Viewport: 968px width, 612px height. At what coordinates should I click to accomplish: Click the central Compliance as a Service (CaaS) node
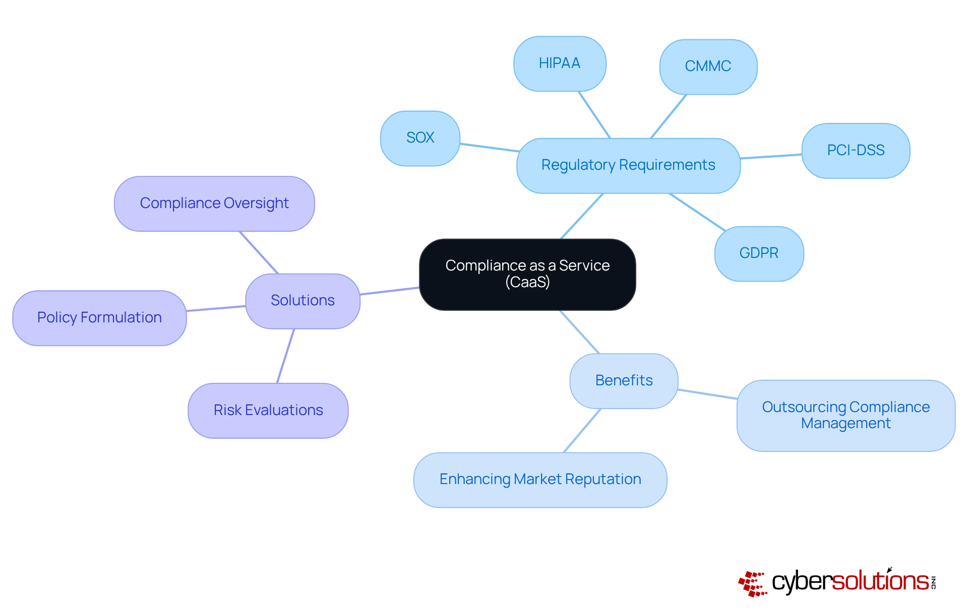pyautogui.click(x=527, y=274)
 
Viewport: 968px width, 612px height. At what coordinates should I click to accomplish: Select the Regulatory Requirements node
pyautogui.click(x=628, y=165)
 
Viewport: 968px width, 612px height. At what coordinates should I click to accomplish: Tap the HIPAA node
pyautogui.click(x=560, y=63)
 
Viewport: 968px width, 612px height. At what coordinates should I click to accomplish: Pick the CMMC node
pyautogui.click(x=708, y=66)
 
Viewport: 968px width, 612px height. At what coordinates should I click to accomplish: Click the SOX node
pyautogui.click(x=420, y=138)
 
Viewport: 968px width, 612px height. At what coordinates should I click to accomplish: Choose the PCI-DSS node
pyautogui.click(x=856, y=151)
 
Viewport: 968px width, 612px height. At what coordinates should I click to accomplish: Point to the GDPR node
pyautogui.click(x=759, y=253)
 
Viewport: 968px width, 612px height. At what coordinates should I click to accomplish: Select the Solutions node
pyautogui.click(x=302, y=301)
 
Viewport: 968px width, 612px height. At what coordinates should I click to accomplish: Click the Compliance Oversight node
pyautogui.click(x=214, y=203)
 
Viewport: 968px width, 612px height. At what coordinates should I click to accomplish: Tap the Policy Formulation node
pyautogui.click(x=99, y=318)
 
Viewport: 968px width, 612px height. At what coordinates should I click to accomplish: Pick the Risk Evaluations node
pyautogui.click(x=268, y=411)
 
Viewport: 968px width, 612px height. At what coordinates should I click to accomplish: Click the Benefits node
pyautogui.click(x=624, y=381)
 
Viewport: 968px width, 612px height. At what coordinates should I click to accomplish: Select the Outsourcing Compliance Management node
pyautogui.click(x=845, y=415)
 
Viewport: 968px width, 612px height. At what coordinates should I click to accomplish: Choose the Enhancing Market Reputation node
pyautogui.click(x=540, y=480)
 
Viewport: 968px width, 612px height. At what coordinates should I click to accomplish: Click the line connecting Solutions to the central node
pyautogui.click(x=390, y=291)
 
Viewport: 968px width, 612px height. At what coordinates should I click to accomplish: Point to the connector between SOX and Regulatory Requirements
pyautogui.click(x=489, y=148)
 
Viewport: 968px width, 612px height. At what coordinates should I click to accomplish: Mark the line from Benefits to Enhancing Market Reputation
pyautogui.click(x=582, y=431)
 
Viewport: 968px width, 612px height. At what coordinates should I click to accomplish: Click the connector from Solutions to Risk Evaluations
pyautogui.click(x=285, y=356)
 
